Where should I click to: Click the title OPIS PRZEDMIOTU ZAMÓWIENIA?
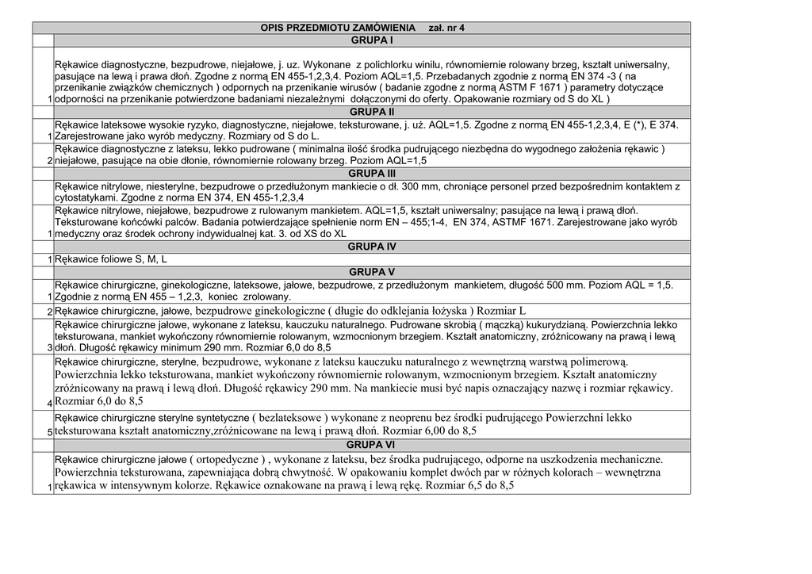click(x=338, y=28)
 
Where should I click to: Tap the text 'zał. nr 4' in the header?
click(x=446, y=28)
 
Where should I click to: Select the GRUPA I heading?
click(x=372, y=40)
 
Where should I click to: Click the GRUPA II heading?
click(x=372, y=113)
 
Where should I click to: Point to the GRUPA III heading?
click(x=372, y=173)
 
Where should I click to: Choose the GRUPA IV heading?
click(x=372, y=247)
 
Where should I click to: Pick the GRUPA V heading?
click(x=372, y=272)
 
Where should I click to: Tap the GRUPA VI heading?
click(x=372, y=444)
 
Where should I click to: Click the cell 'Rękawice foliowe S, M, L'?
click(x=111, y=259)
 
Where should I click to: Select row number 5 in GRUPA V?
click(x=49, y=432)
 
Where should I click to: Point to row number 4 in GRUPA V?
click(x=49, y=402)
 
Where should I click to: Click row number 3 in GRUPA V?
click(x=49, y=348)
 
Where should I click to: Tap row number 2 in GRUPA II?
click(x=49, y=161)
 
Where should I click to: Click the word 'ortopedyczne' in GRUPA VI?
click(x=226, y=459)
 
